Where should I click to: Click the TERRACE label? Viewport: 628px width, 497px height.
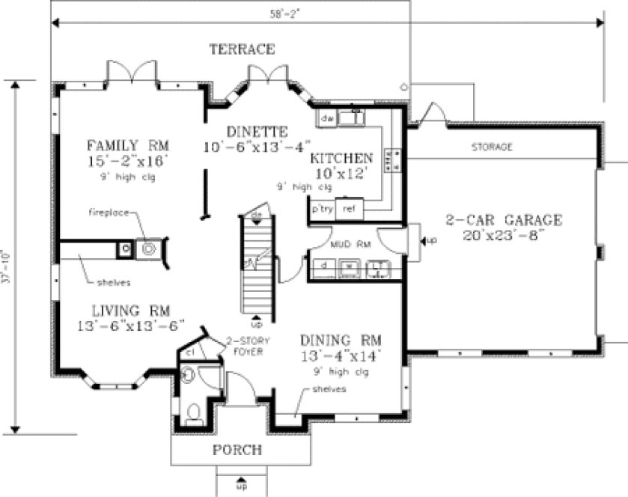coord(242,49)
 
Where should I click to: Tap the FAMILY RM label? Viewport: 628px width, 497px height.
coord(127,144)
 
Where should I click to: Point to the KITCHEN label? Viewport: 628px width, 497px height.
coord(341,159)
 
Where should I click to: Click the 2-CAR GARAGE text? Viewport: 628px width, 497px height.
coord(504,220)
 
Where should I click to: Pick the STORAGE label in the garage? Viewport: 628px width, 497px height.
coord(492,147)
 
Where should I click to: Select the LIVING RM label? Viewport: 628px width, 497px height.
coord(131,310)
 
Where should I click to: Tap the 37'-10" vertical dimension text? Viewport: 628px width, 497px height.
coord(6,266)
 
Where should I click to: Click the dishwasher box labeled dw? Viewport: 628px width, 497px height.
coord(326,118)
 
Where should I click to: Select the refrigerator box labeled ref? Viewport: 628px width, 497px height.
coord(348,210)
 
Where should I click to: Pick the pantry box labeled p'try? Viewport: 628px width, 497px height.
coord(323,210)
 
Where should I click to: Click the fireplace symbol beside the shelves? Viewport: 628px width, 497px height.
coord(147,248)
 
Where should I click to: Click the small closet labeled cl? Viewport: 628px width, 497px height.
coord(191,352)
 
